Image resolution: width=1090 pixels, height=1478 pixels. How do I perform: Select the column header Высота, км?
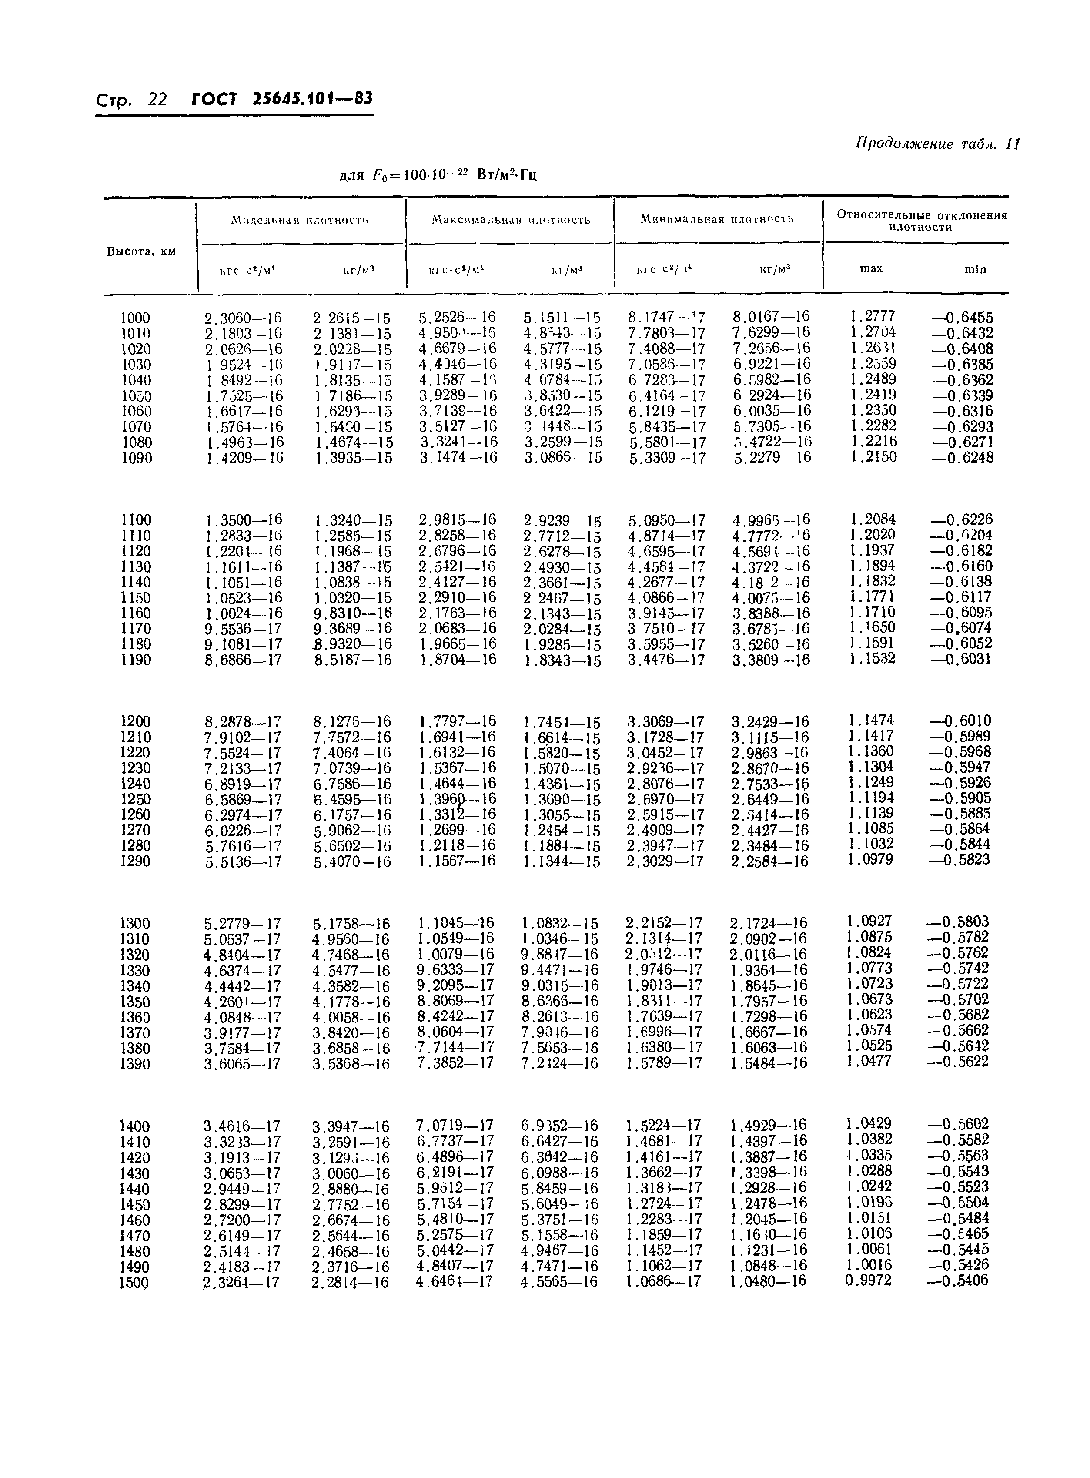pyautogui.click(x=141, y=251)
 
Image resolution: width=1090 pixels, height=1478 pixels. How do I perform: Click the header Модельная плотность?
pyautogui.click(x=300, y=220)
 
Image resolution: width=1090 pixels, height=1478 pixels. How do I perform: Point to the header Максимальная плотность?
pyautogui.click(x=511, y=220)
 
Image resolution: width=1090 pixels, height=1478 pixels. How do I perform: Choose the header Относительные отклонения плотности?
pyautogui.click(x=921, y=221)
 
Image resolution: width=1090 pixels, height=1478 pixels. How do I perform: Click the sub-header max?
pyautogui.click(x=871, y=268)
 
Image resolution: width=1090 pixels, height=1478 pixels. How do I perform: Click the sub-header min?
pyautogui.click(x=975, y=269)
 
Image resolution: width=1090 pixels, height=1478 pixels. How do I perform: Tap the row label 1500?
pyautogui.click(x=134, y=1283)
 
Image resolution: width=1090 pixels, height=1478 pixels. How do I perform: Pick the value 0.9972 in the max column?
pyautogui.click(x=868, y=1280)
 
